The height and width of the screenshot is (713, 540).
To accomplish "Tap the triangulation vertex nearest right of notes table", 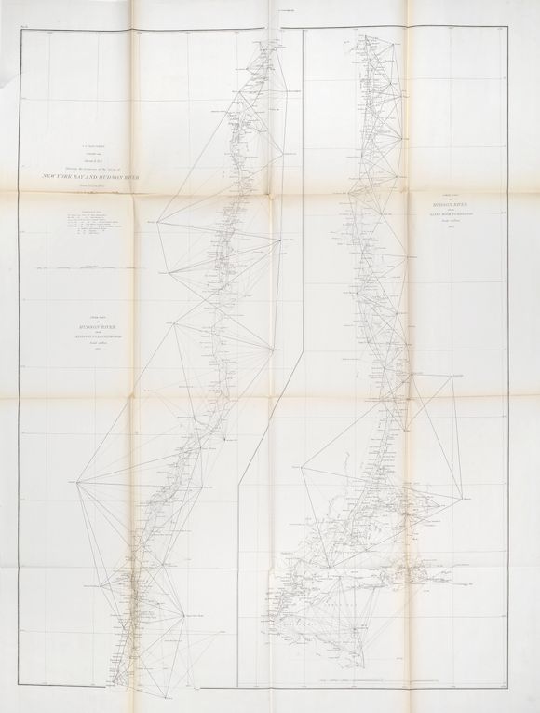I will tap(159, 222).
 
